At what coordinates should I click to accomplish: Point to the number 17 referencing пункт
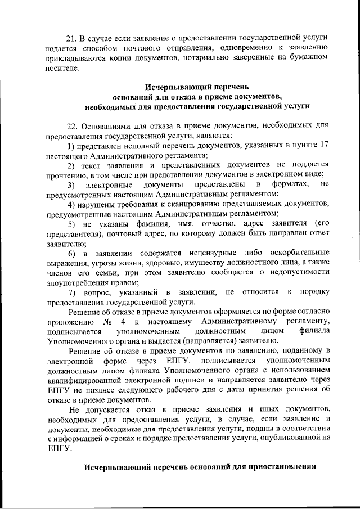[323, 146]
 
